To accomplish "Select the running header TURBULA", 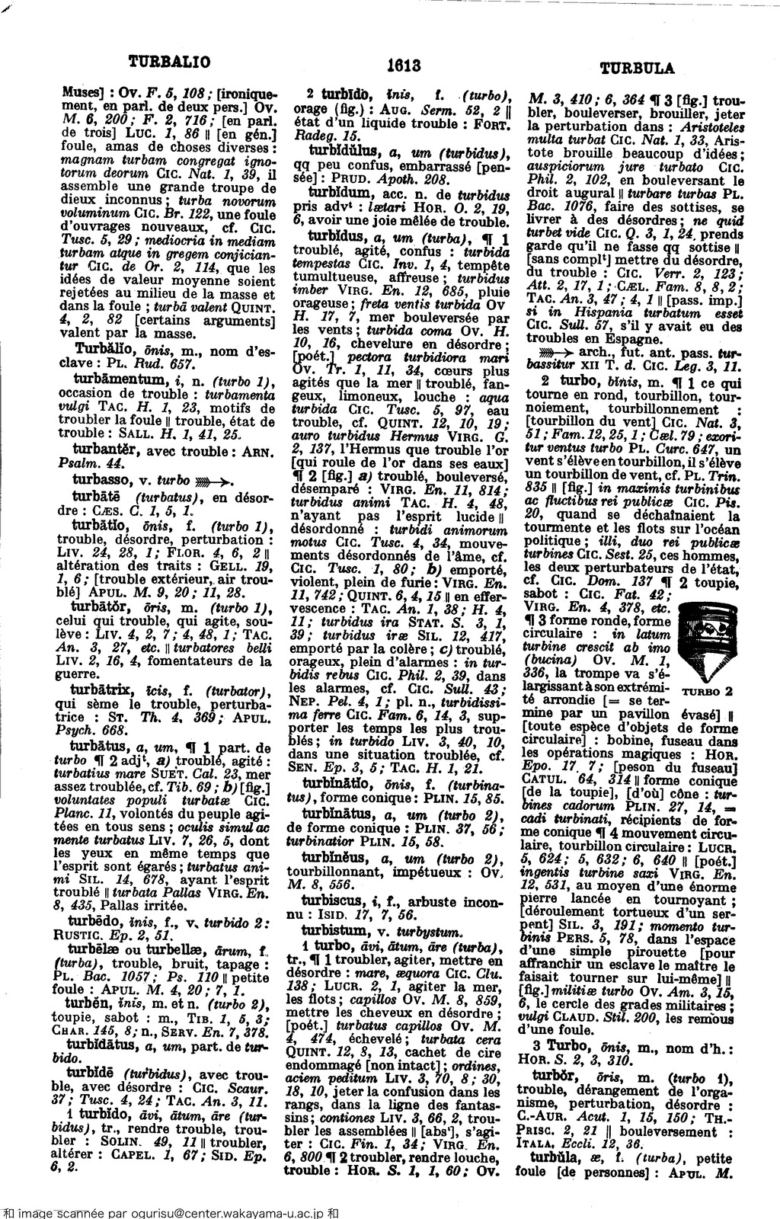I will (x=638, y=68).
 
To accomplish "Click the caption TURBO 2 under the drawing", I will (x=707, y=692).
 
